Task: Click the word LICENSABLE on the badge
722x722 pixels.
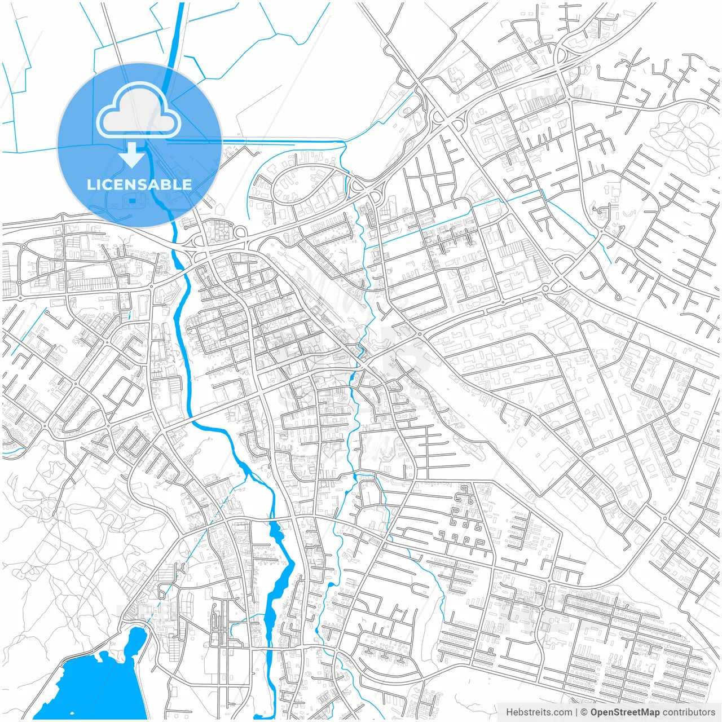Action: (139, 184)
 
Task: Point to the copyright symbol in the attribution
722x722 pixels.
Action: (585, 712)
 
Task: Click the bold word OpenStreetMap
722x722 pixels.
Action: (625, 712)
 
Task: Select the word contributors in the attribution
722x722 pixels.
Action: (689, 712)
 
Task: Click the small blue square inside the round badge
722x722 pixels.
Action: (132, 200)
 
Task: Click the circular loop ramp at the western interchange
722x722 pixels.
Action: (239, 232)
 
